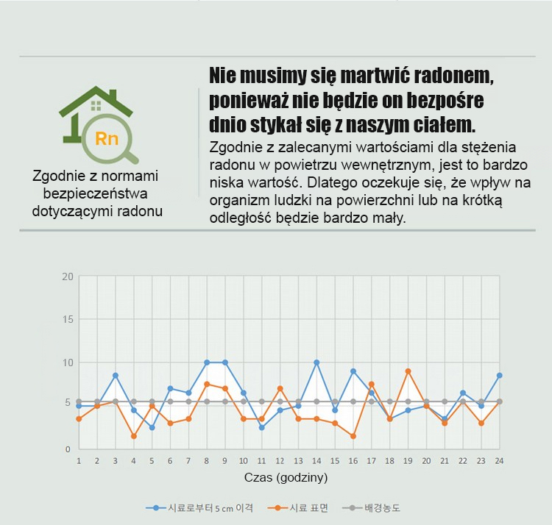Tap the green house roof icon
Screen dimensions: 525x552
click(x=96, y=101)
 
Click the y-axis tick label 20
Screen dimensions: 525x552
click(x=68, y=277)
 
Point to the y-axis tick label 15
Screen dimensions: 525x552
click(x=68, y=320)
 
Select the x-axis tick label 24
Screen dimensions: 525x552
click(x=499, y=461)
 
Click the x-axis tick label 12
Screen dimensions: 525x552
click(x=280, y=461)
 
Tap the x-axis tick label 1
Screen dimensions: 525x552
click(x=79, y=461)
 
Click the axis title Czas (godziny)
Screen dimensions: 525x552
click(x=286, y=477)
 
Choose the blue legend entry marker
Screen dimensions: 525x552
click(x=155, y=508)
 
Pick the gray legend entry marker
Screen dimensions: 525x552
click(x=352, y=508)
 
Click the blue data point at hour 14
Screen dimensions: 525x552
click(x=316, y=362)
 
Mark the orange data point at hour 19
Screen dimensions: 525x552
click(x=408, y=371)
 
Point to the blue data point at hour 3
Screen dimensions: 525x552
click(x=116, y=375)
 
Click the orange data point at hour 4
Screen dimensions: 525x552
click(x=134, y=436)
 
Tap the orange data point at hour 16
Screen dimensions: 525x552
click(x=353, y=436)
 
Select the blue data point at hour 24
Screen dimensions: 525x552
click(x=499, y=375)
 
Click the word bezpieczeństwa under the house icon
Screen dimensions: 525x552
click(x=96, y=194)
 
